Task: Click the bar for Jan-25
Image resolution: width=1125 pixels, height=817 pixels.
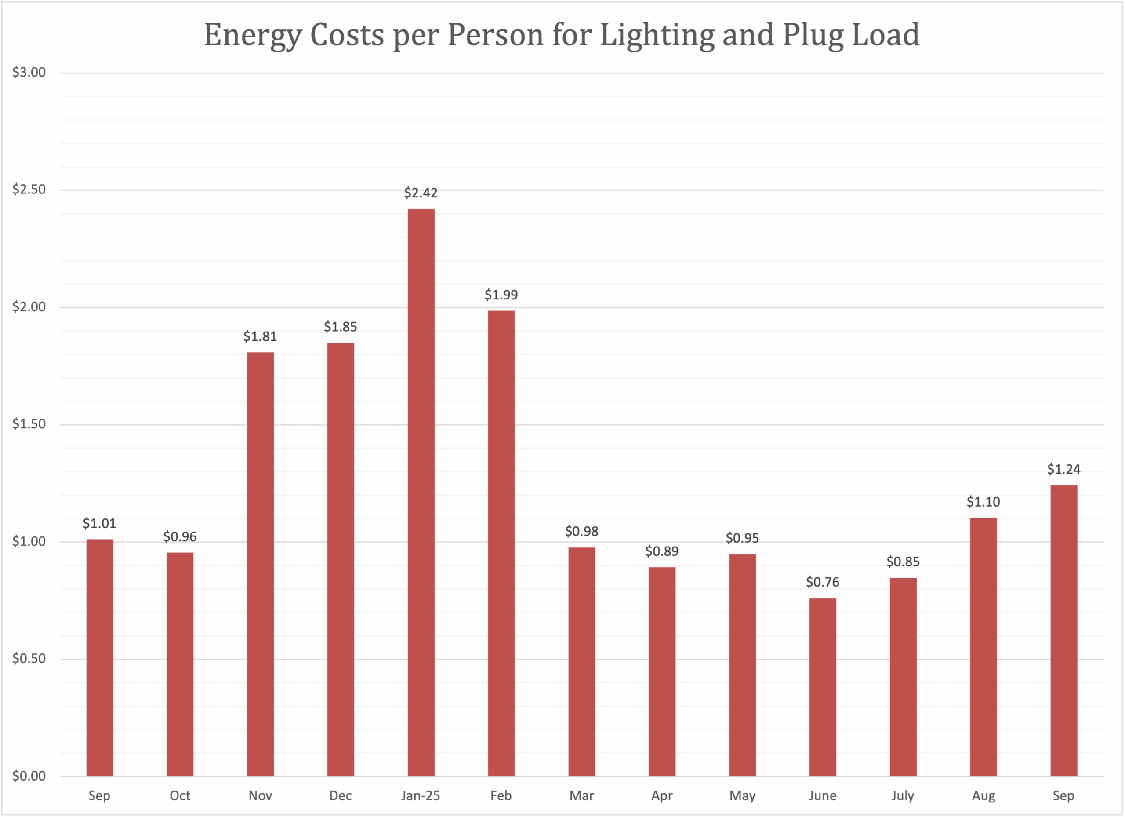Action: click(x=421, y=492)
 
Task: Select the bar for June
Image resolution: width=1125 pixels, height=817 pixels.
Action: click(x=822, y=687)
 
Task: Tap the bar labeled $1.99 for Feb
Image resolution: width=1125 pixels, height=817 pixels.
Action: click(x=501, y=543)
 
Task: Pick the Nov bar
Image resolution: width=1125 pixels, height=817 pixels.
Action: click(x=261, y=564)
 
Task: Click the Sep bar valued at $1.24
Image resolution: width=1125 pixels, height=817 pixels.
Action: click(x=1063, y=631)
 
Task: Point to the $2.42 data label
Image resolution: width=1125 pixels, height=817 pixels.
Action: click(x=421, y=193)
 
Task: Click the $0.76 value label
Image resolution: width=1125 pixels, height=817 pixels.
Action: click(x=822, y=582)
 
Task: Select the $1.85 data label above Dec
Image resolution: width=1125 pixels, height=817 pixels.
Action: click(x=340, y=327)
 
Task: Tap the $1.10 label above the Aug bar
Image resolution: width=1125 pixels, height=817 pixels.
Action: click(x=983, y=502)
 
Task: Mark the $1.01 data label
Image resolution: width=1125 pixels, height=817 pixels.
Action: click(x=99, y=523)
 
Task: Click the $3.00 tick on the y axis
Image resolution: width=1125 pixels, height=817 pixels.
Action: click(x=29, y=73)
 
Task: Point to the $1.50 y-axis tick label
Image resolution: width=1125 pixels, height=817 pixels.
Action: click(x=29, y=424)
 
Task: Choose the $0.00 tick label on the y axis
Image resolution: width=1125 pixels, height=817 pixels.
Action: click(x=29, y=776)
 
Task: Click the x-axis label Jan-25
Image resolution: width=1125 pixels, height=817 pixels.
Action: click(x=421, y=795)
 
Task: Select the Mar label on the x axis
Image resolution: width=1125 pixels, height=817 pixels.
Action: click(x=581, y=795)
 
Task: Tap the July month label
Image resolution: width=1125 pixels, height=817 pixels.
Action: click(x=903, y=795)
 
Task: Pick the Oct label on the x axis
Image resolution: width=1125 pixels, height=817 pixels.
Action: click(x=180, y=795)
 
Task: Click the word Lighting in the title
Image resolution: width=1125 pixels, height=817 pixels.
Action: click(x=657, y=35)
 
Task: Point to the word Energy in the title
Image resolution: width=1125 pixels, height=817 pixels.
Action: click(x=253, y=35)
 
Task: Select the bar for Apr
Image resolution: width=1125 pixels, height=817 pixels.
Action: click(x=662, y=671)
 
